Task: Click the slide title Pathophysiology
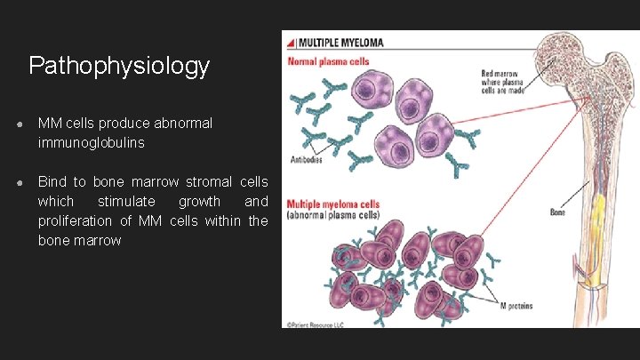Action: (119, 66)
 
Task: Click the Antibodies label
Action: (305, 159)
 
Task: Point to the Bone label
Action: (557, 212)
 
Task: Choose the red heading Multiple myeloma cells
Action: (332, 205)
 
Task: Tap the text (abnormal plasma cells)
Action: (332, 216)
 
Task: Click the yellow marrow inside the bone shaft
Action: (600, 213)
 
